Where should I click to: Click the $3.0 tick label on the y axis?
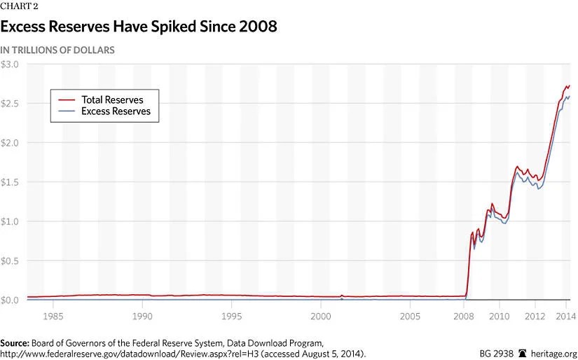(x=13, y=64)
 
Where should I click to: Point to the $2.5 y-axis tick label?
(x=13, y=104)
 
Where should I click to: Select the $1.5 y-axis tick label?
(x=13, y=182)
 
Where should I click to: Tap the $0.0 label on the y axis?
(x=13, y=300)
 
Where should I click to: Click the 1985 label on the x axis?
(x=53, y=317)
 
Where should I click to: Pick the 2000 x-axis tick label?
(x=321, y=317)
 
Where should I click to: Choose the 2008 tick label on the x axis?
(x=464, y=317)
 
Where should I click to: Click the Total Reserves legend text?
(x=112, y=99)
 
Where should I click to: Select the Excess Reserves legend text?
(x=116, y=111)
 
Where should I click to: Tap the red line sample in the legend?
(x=67, y=99)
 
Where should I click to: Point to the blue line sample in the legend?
(x=67, y=111)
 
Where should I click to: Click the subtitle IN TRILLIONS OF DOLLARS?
(x=57, y=50)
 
